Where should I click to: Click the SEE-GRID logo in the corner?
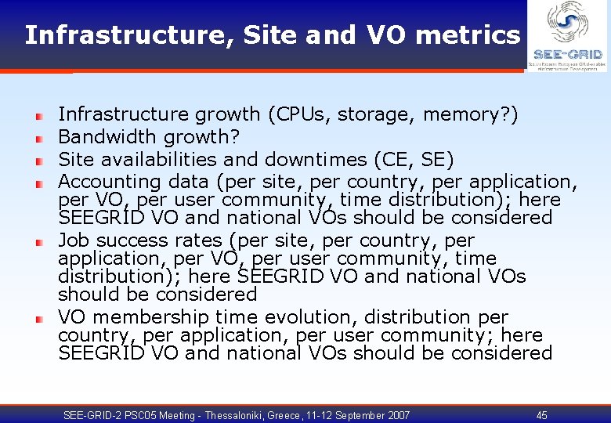[x=568, y=36]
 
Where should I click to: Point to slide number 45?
[x=542, y=415]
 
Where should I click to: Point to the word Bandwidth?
[x=101, y=138]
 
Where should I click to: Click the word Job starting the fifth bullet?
[x=73, y=240]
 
